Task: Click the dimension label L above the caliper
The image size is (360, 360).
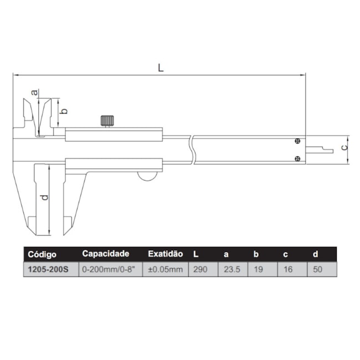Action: tap(161, 68)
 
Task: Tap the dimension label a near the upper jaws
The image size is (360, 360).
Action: tap(34, 92)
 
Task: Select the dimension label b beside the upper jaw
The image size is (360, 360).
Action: tap(64, 111)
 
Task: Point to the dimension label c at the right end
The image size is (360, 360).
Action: tap(344, 148)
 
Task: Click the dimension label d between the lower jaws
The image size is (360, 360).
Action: tap(45, 198)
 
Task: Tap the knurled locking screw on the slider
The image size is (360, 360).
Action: tap(107, 121)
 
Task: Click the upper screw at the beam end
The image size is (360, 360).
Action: tap(297, 141)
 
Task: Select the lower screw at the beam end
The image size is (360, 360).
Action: tap(297, 158)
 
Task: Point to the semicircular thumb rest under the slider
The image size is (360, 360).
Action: tap(147, 176)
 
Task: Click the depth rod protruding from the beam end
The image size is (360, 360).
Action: tap(320, 150)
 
